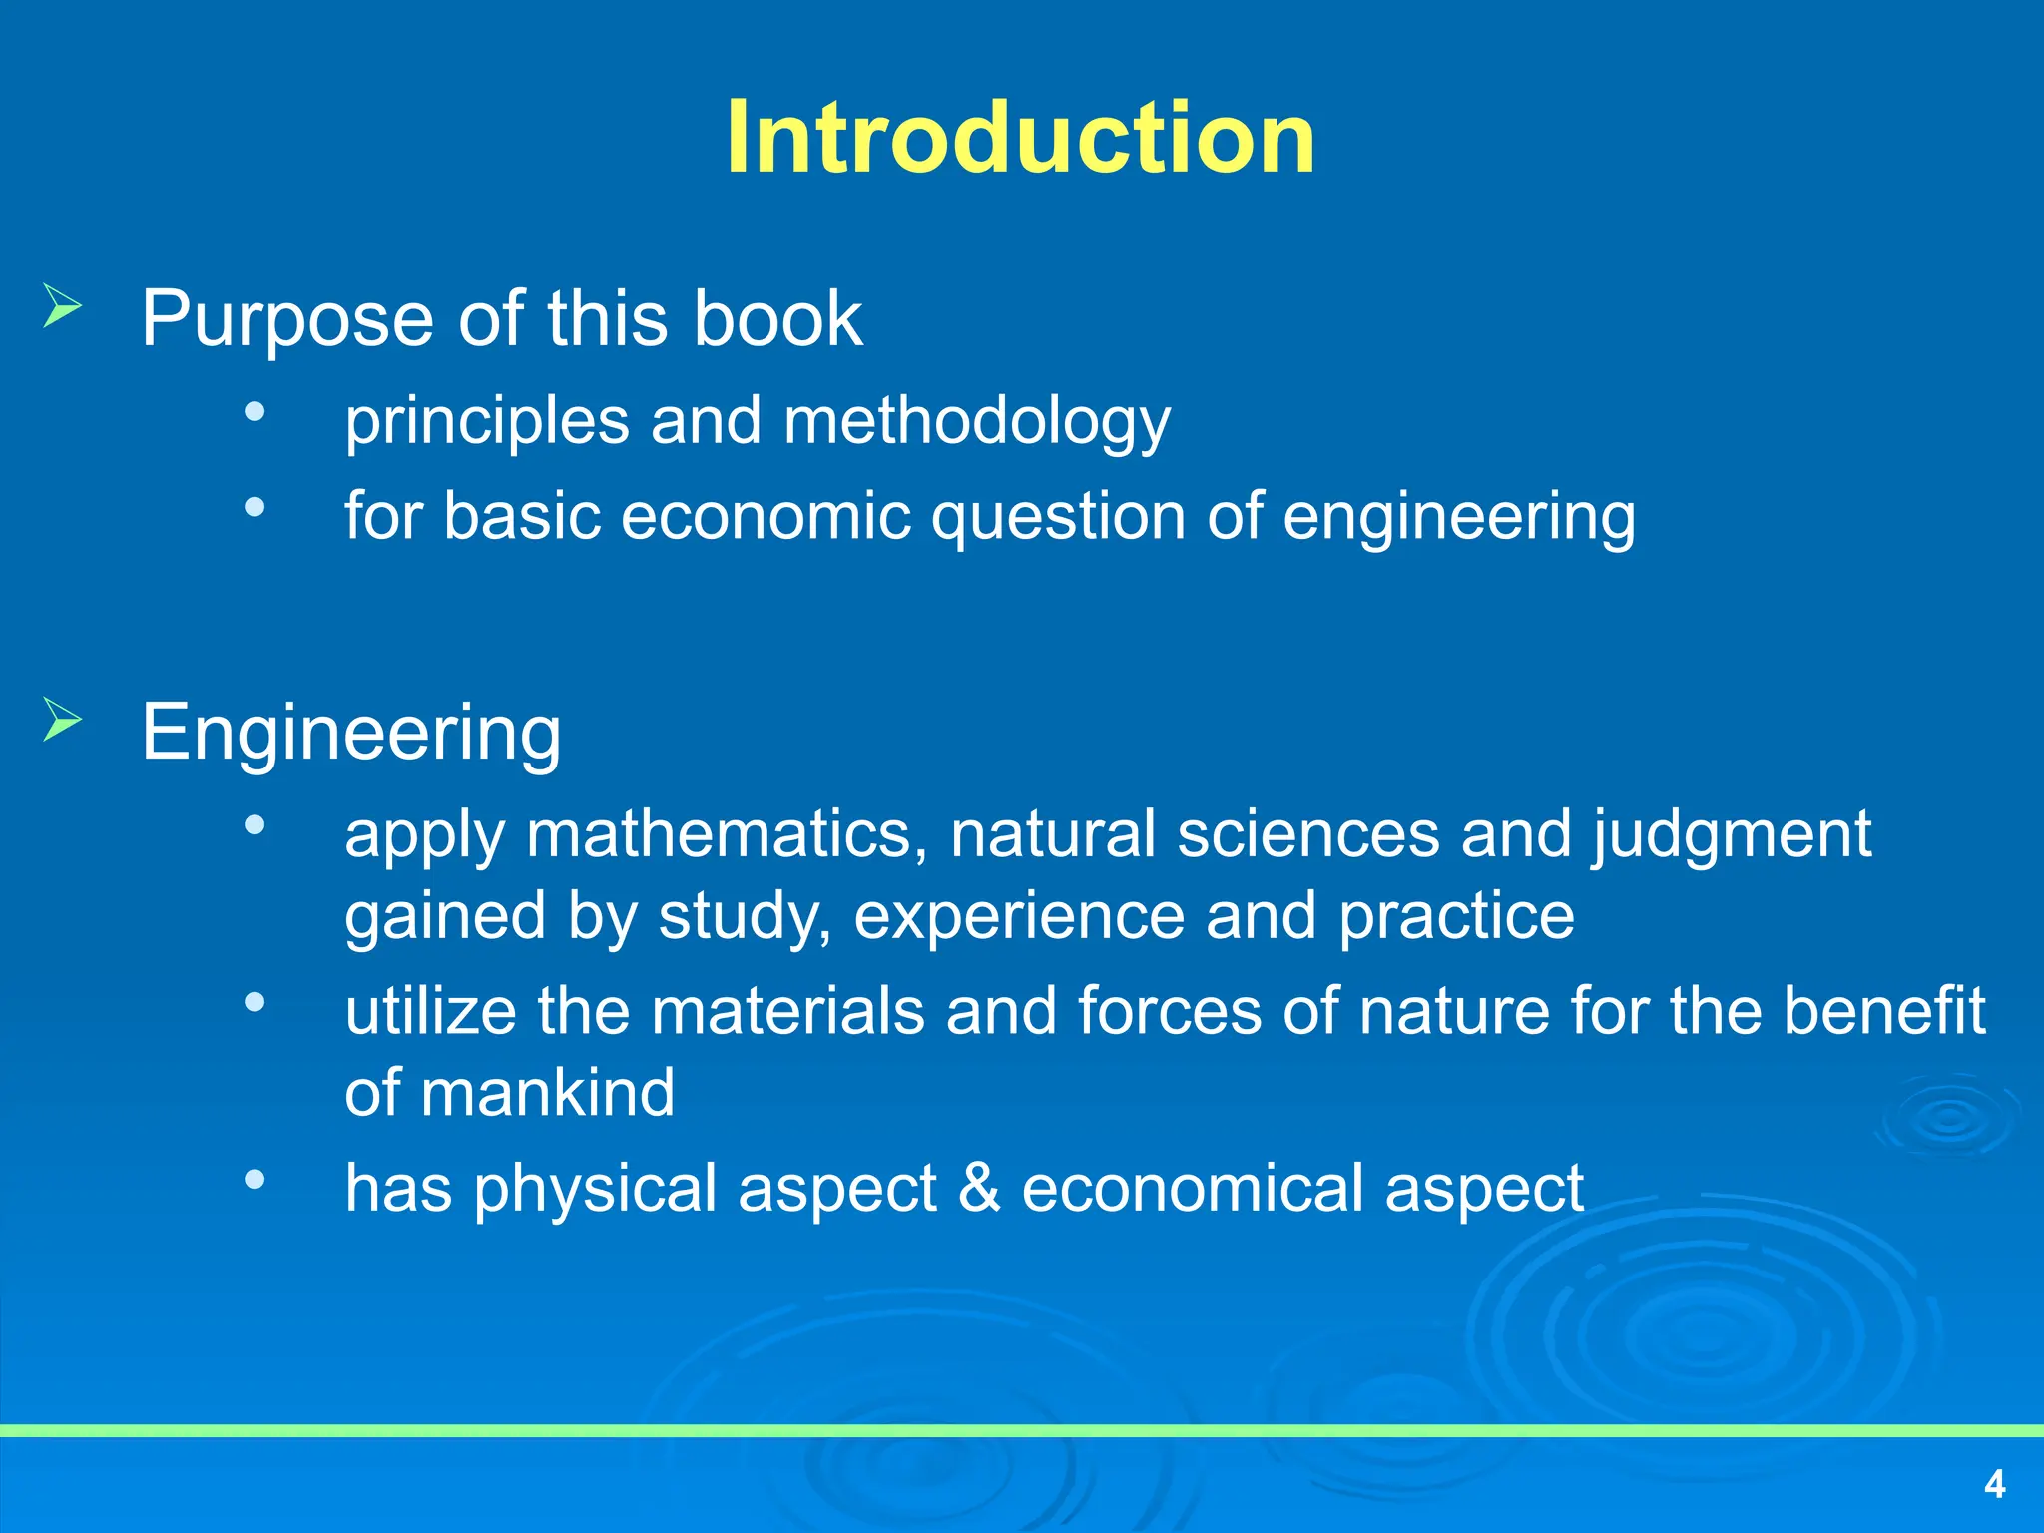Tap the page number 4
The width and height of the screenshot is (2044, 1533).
click(1994, 1484)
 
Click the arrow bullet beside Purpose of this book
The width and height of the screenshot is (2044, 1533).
click(62, 305)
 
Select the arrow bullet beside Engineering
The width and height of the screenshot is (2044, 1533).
click(62, 719)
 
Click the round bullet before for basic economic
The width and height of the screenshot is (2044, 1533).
click(255, 507)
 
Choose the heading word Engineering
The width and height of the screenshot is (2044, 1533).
click(351, 734)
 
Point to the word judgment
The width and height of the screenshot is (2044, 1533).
click(1731, 836)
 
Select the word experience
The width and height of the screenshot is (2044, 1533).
click(1018, 916)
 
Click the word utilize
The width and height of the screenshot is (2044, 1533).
click(430, 1011)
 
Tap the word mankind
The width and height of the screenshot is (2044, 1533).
click(547, 1093)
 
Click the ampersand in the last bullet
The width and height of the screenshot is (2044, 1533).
click(979, 1188)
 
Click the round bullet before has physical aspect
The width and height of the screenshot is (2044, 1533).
click(255, 1180)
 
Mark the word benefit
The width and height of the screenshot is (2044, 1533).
click(1883, 1011)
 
